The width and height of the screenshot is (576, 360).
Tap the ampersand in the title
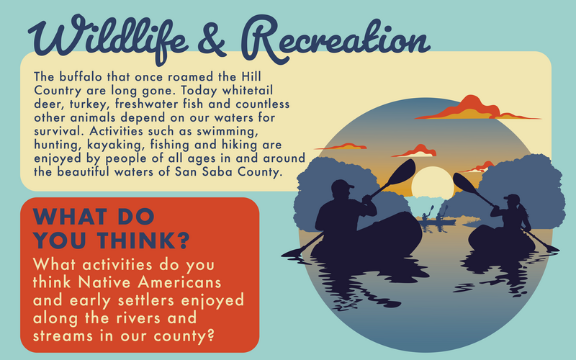pyautogui.click(x=211, y=40)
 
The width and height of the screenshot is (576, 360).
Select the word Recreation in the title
pyautogui.click(x=336, y=40)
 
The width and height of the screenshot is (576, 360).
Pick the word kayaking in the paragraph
pyautogui.click(x=114, y=145)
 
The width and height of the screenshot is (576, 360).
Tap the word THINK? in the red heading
pyautogui.click(x=143, y=240)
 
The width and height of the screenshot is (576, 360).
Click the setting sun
pyautogui.click(x=433, y=182)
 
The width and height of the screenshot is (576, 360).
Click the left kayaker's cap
pyautogui.click(x=343, y=184)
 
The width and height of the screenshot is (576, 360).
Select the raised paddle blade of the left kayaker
pyautogui.click(x=402, y=172)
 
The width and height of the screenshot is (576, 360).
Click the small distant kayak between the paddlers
pyautogui.click(x=437, y=222)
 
